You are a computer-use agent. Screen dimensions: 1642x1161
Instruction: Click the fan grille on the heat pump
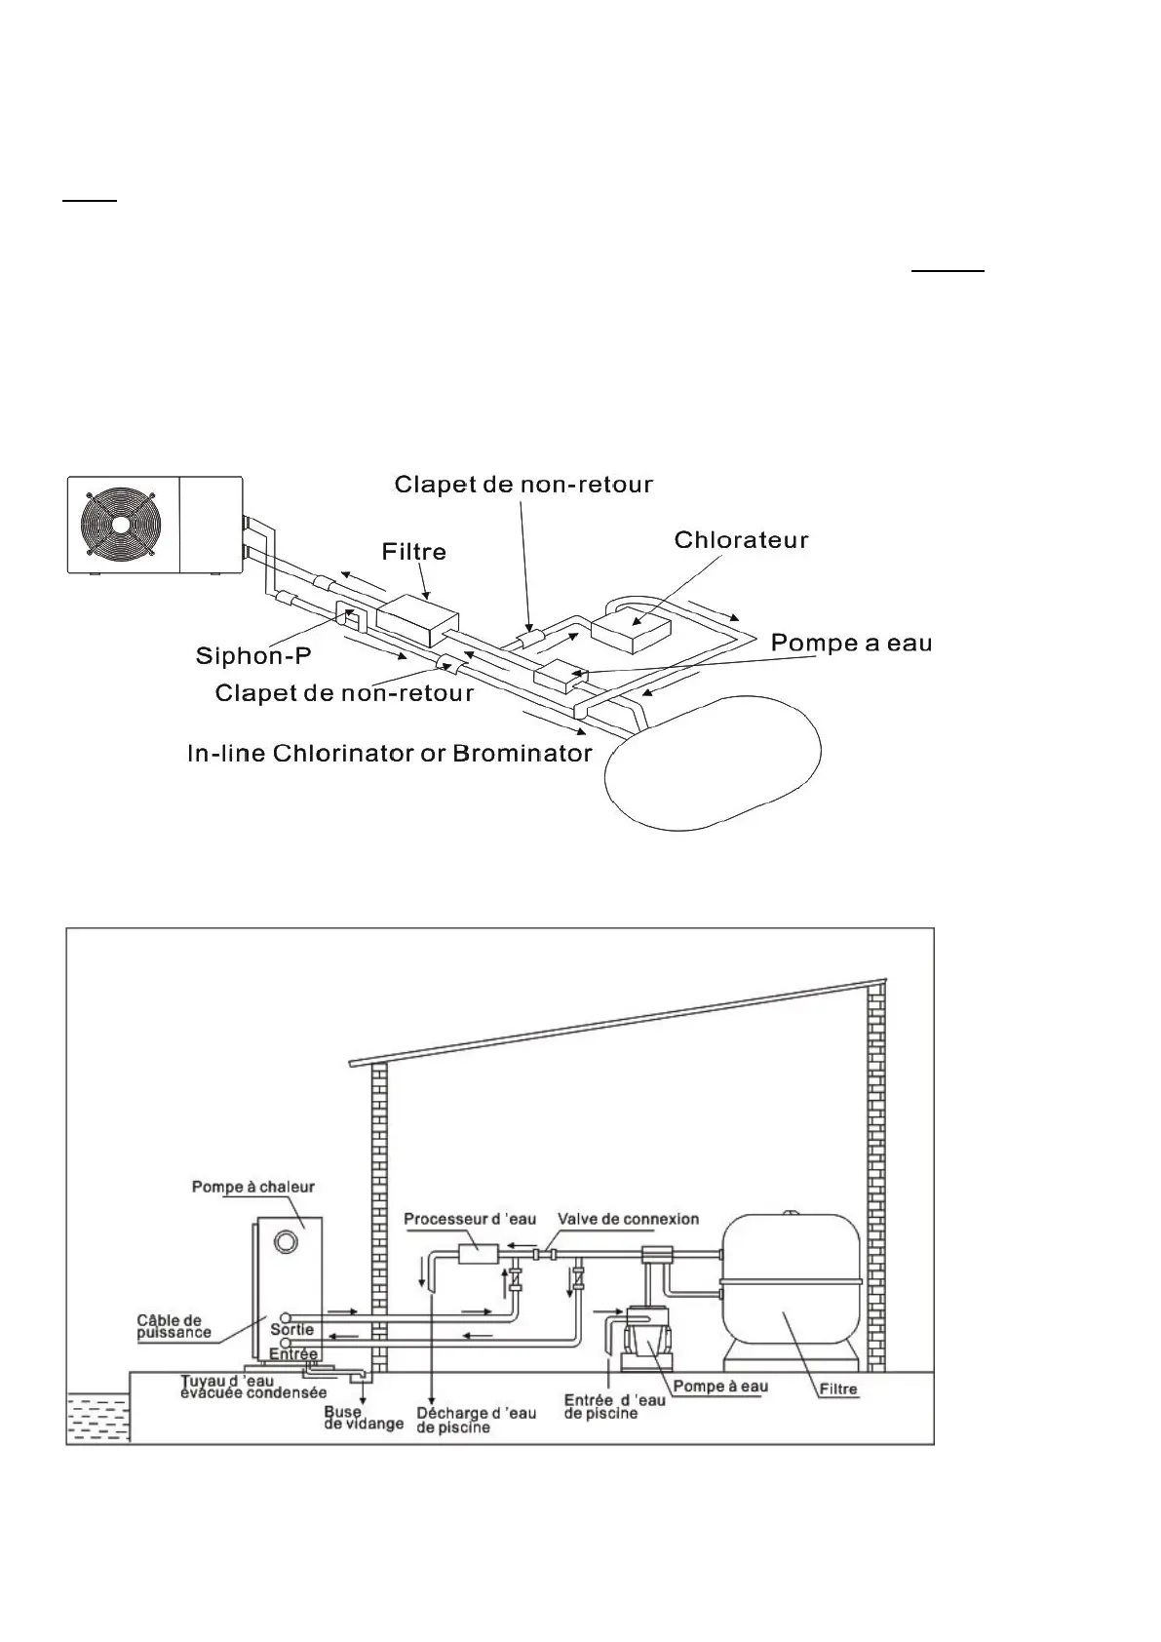pyautogui.click(x=119, y=523)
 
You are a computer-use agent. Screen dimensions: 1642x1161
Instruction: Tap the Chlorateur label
pyautogui.click(x=741, y=540)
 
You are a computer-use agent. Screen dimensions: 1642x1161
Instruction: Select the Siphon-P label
pyautogui.click(x=253, y=655)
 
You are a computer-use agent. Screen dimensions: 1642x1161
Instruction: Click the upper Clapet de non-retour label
pyautogui.click(x=523, y=485)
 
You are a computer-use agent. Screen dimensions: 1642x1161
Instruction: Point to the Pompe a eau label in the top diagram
pyautogui.click(x=851, y=644)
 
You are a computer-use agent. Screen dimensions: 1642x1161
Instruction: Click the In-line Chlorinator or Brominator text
pyautogui.click(x=390, y=754)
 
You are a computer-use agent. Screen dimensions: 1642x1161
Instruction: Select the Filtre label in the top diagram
pyautogui.click(x=415, y=552)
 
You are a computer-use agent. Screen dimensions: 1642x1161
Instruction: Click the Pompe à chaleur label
pyautogui.click(x=253, y=1187)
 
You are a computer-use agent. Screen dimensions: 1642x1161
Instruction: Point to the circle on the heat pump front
pyautogui.click(x=286, y=1242)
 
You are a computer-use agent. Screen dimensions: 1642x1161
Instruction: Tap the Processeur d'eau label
pyautogui.click(x=470, y=1219)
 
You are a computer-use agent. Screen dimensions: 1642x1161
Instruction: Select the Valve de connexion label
pyautogui.click(x=628, y=1219)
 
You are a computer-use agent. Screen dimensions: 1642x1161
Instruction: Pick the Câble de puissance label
pyautogui.click(x=174, y=1326)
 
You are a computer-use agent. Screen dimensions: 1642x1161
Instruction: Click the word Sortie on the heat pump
pyautogui.click(x=292, y=1329)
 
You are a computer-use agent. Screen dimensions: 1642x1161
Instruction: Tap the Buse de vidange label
pyautogui.click(x=363, y=1417)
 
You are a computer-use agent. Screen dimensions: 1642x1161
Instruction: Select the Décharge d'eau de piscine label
pyautogui.click(x=476, y=1420)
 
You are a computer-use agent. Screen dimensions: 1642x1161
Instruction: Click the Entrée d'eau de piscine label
pyautogui.click(x=614, y=1406)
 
